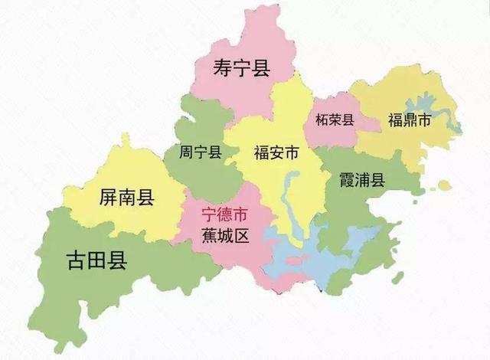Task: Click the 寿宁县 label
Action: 241,69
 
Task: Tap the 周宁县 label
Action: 200,152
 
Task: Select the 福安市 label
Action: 276,152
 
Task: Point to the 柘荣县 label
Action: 334,119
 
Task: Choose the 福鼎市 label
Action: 410,120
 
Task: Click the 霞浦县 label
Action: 362,180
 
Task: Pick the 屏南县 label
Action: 127,198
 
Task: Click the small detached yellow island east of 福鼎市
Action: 445,185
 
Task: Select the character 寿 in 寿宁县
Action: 222,69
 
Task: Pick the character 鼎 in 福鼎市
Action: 410,120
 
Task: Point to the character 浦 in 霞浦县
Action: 362,180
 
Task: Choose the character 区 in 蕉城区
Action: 242,235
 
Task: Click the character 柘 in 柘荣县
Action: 321,119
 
